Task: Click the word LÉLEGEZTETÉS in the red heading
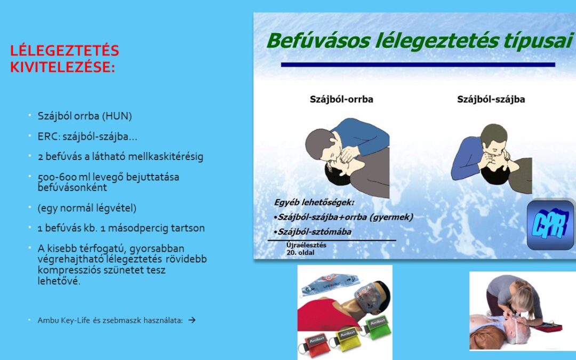[x=65, y=50]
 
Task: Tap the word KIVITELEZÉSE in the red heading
[x=61, y=67]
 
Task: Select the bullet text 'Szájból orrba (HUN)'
[x=85, y=116]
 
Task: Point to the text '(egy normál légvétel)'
[x=87, y=209]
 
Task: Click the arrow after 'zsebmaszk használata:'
[x=192, y=320]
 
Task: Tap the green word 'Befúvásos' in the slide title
[x=318, y=41]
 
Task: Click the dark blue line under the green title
[x=418, y=65]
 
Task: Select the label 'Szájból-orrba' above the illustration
[x=342, y=99]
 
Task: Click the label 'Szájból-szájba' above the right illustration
[x=491, y=99]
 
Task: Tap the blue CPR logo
[x=550, y=225]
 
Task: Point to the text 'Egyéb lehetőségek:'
[x=314, y=203]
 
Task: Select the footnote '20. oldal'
[x=300, y=253]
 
